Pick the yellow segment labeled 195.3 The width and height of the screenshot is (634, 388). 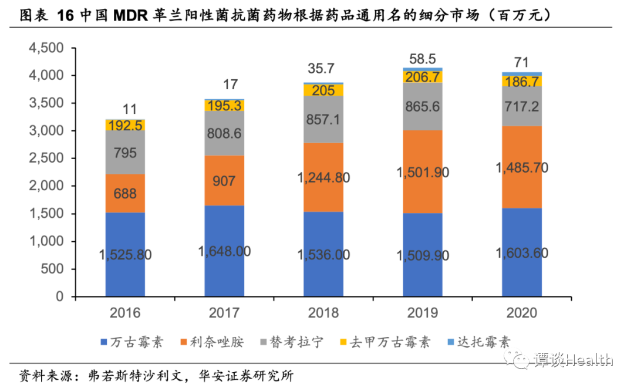[224, 105]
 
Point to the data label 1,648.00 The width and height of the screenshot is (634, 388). [224, 251]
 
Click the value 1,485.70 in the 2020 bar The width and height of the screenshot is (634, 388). [522, 168]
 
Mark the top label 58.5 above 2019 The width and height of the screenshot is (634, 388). [423, 59]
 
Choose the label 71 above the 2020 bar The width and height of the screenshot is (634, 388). [521, 63]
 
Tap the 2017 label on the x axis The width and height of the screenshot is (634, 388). [224, 313]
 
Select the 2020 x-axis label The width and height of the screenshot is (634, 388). [522, 313]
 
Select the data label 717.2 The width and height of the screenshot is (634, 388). [522, 106]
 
